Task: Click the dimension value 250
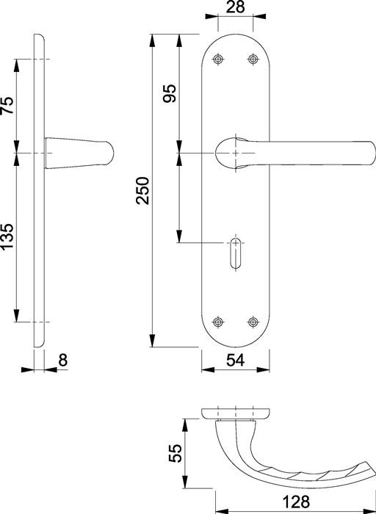(x=144, y=189)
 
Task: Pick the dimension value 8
(x=62, y=360)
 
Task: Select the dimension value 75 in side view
(x=7, y=106)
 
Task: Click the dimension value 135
(x=7, y=238)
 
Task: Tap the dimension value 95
(x=170, y=93)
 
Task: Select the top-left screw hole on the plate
(x=217, y=59)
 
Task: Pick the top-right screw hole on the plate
(x=253, y=59)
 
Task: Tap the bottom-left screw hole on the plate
(x=217, y=322)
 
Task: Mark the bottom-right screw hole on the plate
(x=253, y=322)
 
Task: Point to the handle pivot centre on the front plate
(x=235, y=152)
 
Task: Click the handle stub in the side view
(x=81, y=153)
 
